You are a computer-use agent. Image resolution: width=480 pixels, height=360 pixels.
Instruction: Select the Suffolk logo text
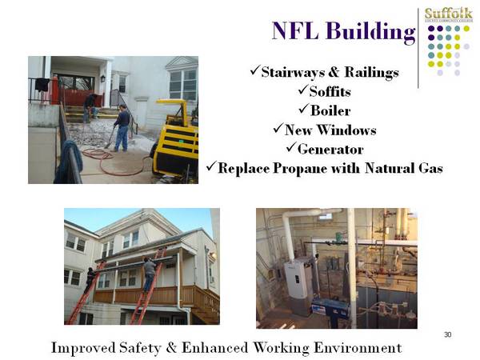[449, 14]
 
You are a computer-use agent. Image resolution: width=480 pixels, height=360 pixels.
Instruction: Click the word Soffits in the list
[330, 91]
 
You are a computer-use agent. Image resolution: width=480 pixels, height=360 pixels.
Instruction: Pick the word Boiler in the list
[330, 111]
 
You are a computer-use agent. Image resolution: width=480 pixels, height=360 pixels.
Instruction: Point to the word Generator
[330, 150]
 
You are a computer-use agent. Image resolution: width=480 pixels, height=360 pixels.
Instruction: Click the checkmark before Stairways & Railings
[255, 70]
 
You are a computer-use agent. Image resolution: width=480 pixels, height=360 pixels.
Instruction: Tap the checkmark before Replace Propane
[211, 166]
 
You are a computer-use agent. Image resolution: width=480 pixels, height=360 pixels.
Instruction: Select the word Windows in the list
[346, 130]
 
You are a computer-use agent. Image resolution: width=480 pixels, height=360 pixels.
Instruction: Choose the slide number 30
[447, 334]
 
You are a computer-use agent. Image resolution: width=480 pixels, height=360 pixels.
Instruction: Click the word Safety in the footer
[140, 348]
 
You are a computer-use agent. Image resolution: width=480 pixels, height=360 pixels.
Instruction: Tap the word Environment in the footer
[358, 348]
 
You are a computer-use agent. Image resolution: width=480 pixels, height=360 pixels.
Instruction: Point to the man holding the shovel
[122, 128]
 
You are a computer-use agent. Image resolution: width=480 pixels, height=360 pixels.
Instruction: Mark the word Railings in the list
[371, 73]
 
